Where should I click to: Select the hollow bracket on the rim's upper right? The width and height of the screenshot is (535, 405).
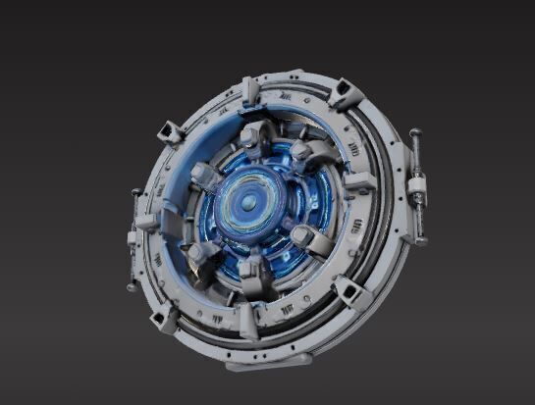tap(345, 93)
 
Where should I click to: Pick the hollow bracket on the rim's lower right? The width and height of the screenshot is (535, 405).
tap(351, 291)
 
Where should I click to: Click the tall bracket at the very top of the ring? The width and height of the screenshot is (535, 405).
tap(251, 91)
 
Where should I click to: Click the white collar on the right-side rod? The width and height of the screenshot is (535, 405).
tap(418, 188)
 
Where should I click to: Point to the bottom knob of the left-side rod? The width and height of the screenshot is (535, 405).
tap(131, 286)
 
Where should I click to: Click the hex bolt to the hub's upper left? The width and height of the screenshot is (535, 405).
tap(203, 176)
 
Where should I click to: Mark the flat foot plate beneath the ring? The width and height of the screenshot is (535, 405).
tap(255, 364)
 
